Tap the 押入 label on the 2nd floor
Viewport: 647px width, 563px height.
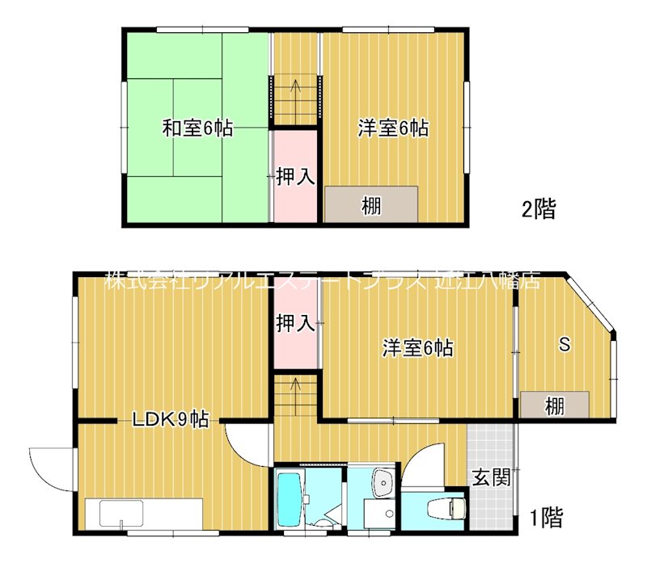pos(294,176)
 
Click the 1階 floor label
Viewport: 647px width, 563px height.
pos(547,516)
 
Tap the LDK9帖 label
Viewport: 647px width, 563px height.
pos(171,419)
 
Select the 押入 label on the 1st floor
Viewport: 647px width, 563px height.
pos(294,323)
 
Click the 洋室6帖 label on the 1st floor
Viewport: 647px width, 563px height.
pos(417,348)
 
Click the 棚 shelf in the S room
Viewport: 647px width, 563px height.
pos(554,405)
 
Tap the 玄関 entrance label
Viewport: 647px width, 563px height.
pos(490,477)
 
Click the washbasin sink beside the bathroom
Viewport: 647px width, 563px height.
pos(382,484)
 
